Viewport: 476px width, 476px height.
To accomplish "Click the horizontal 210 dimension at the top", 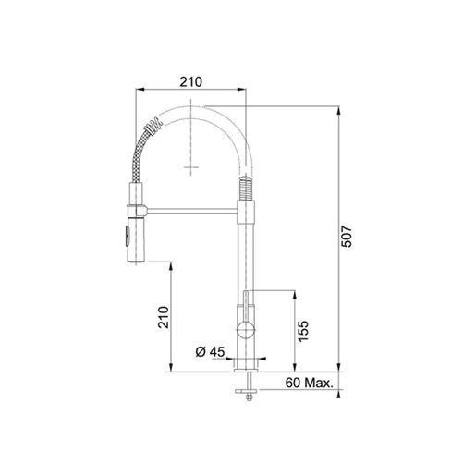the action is (191, 82).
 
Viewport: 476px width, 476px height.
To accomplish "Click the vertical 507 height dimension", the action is (348, 237).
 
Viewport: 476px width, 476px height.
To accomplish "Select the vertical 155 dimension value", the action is (303, 331).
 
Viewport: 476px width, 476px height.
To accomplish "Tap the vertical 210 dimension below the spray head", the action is (164, 317).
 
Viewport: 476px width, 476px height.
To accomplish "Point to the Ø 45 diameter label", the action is (211, 351).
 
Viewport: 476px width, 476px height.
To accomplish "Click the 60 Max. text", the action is (310, 383).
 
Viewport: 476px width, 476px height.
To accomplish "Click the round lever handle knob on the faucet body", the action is (246, 331).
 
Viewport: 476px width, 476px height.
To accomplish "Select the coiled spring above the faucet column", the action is (246, 188).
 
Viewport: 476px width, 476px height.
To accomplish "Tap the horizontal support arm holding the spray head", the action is (191, 211).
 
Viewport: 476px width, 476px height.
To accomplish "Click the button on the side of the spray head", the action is (126, 235).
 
